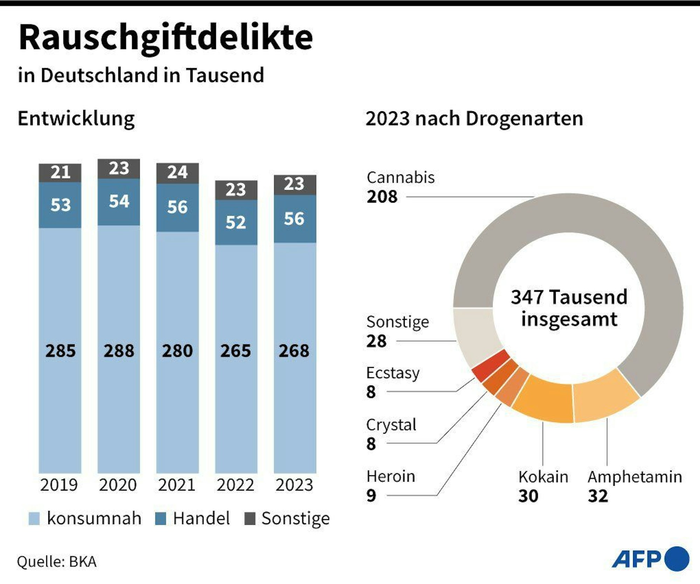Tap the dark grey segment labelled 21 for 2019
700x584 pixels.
click(60, 172)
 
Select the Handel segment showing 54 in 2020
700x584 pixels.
click(119, 201)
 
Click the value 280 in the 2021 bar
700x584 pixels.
click(177, 351)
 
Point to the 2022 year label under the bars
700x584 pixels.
click(235, 485)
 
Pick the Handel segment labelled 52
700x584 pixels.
click(236, 222)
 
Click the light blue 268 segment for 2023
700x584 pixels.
click(294, 351)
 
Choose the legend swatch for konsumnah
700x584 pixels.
click(34, 518)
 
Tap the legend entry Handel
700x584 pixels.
click(201, 518)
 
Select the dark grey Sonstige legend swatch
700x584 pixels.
click(250, 518)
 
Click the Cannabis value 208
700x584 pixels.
click(382, 197)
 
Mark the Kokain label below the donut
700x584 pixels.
click(543, 477)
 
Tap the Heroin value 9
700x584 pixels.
click(371, 496)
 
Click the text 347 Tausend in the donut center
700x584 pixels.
click(569, 297)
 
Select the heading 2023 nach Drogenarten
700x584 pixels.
click(474, 119)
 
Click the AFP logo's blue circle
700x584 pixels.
click(677, 558)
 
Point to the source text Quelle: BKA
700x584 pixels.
click(57, 562)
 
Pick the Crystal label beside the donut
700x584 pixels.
click(391, 425)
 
